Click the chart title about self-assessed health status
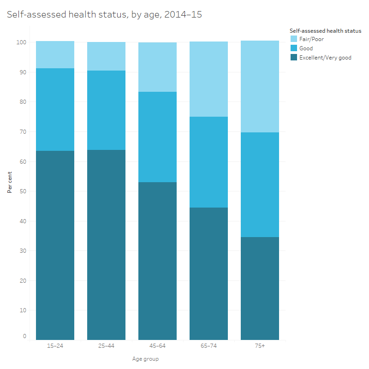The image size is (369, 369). click(104, 15)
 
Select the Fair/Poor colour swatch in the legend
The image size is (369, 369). click(293, 39)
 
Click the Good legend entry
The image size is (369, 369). click(306, 48)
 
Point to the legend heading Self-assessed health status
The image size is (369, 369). click(325, 31)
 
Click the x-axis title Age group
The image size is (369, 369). click(145, 358)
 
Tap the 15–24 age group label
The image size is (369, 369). click(55, 346)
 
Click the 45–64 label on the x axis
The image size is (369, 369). click(157, 346)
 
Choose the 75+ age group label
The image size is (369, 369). click(260, 346)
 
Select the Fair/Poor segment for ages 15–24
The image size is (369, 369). click(55, 54)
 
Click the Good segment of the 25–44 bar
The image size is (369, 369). click(106, 110)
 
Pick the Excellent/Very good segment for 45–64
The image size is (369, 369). click(157, 261)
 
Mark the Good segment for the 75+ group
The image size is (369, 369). click(260, 184)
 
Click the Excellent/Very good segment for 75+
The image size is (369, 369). click(260, 288)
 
